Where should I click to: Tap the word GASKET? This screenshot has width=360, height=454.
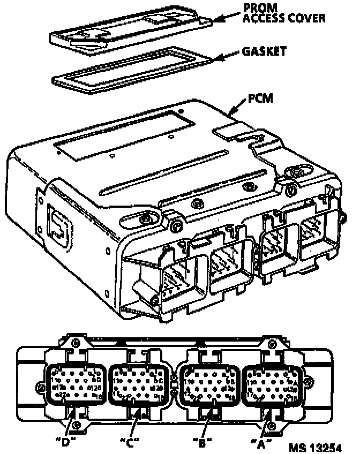[264, 51]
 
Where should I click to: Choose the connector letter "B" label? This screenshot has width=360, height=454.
[201, 442]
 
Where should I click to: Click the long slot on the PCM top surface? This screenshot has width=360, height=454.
[161, 173]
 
